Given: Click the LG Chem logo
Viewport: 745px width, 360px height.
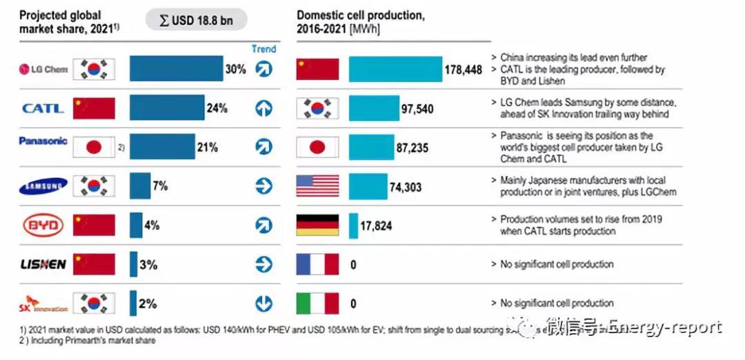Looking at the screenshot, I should tap(43, 69).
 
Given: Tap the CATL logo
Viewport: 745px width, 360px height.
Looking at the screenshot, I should tap(43, 108).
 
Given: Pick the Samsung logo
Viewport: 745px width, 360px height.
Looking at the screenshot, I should tap(43, 186).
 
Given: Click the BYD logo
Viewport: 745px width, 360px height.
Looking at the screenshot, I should tap(43, 225).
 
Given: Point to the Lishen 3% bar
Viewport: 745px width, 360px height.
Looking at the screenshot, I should tap(133, 264).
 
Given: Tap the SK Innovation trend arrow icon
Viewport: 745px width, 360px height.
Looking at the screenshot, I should tap(264, 303).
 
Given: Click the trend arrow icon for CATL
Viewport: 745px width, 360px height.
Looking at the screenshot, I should tap(264, 108).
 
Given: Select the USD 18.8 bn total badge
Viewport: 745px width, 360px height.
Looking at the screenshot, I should tap(196, 20).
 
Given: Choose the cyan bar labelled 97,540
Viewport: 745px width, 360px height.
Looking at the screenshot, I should tap(372, 108).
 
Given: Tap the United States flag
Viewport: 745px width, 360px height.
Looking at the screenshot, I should tap(317, 186).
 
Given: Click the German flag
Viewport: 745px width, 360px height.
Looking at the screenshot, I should tap(317, 226).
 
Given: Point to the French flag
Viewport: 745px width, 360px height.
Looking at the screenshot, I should tap(317, 264).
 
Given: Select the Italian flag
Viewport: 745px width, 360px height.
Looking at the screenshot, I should tap(317, 303).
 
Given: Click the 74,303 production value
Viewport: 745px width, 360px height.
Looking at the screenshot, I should tap(406, 187).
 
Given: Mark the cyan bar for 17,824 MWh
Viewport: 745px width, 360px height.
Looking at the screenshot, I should tap(353, 226).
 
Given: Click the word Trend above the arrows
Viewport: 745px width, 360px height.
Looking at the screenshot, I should tap(264, 49).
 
